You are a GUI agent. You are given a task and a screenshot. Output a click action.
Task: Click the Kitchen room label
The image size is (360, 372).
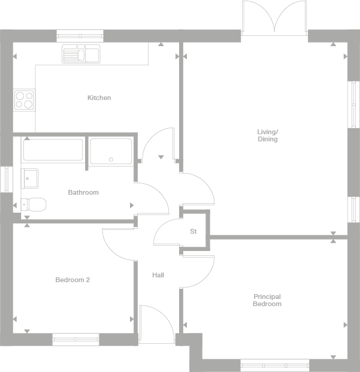tap(99, 98)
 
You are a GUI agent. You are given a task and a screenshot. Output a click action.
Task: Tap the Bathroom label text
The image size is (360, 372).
tap(83, 192)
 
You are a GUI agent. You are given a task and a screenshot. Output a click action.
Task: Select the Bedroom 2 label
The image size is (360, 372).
tap(72, 280)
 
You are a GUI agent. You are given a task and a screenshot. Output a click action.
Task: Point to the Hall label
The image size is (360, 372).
tap(158, 275)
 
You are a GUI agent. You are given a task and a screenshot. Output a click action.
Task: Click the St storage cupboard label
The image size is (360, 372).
tap(193, 231)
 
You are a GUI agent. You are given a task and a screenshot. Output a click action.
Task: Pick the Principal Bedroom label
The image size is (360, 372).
tap(267, 300)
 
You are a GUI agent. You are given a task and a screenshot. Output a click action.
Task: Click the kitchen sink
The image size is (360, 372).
tap(81, 55)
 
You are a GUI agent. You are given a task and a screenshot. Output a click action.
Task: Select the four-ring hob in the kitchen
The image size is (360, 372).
tap(24, 99)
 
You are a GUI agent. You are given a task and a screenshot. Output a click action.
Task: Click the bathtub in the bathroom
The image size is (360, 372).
tap(53, 150)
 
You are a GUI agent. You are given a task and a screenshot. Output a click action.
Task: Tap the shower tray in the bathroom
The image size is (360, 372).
tap(111, 152)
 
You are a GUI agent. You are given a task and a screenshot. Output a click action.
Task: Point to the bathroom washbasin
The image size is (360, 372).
tap(30, 177)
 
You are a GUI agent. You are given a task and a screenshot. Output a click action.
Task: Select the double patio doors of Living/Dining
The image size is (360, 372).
tap(274, 18)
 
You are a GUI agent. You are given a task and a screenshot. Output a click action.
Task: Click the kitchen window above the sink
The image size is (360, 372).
tap(80, 35)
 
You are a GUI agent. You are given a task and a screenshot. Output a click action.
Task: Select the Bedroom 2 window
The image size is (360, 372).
tap(75, 340)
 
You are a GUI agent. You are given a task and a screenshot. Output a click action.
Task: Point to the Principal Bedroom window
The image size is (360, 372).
tap(274, 365)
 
